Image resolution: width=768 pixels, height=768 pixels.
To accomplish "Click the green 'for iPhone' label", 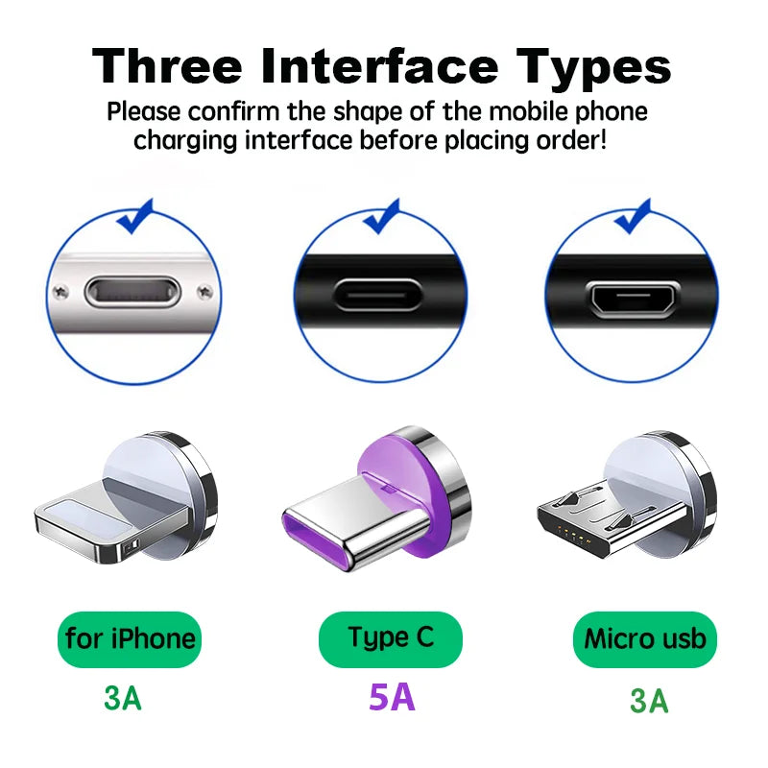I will [131, 638].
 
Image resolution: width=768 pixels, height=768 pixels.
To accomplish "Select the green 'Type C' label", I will [390, 637].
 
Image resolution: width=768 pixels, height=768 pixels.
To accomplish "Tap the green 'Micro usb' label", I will [644, 638].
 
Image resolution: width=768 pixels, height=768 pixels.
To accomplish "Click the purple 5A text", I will [392, 696].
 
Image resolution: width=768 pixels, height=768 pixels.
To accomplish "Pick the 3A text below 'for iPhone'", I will [122, 698].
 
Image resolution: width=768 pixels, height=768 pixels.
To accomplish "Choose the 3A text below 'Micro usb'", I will [649, 701].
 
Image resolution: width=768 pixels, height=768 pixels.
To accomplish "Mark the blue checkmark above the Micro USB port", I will [633, 217].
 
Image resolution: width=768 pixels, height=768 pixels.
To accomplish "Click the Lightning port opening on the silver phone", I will [132, 291].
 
